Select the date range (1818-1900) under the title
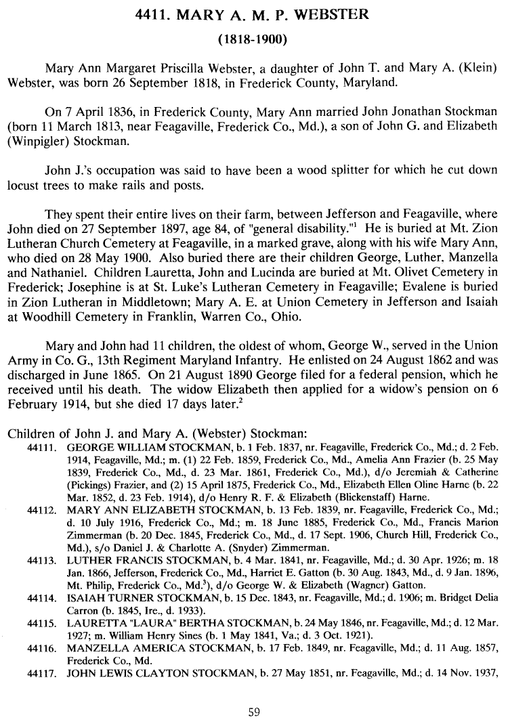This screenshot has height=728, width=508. pyautogui.click(x=254, y=39)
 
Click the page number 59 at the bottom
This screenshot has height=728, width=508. pyautogui.click(x=254, y=711)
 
